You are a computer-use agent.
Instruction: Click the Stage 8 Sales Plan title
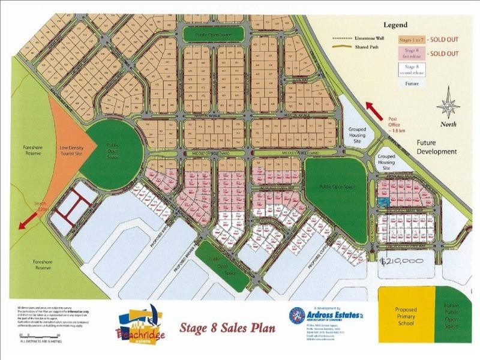(228, 328)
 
